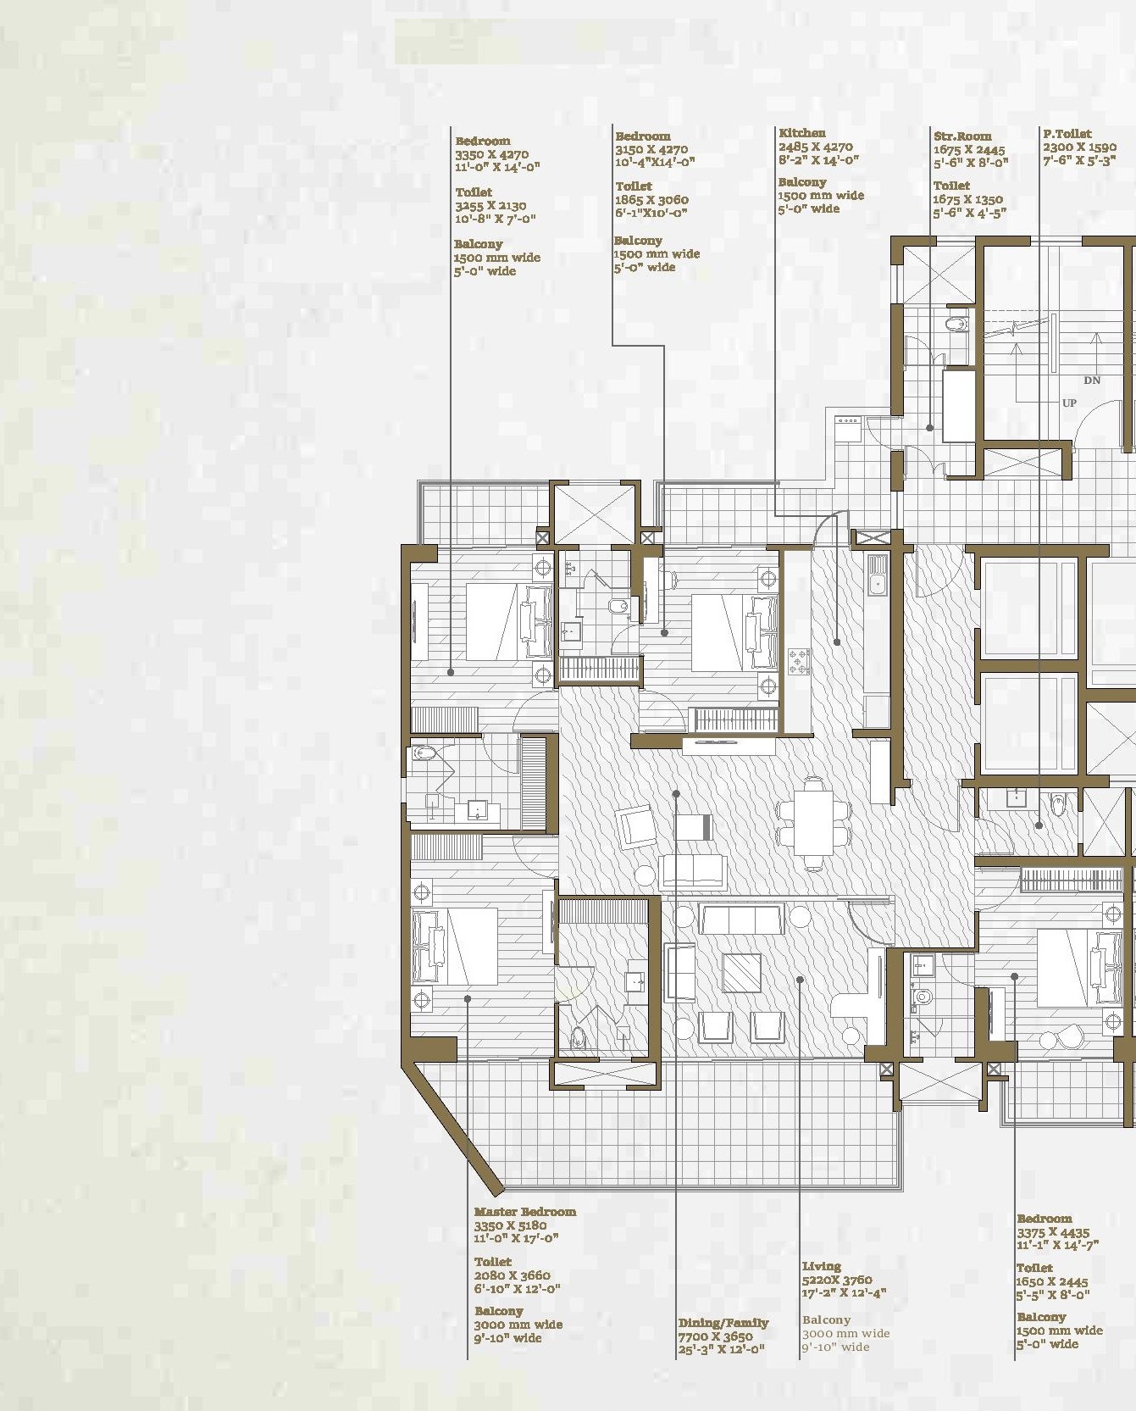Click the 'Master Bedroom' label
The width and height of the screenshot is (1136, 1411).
tap(525, 1212)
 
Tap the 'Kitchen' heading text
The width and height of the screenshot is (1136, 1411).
tap(802, 133)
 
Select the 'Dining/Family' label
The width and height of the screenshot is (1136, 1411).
tap(723, 1323)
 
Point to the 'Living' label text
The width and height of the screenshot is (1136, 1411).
tap(822, 1266)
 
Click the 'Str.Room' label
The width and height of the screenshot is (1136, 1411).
tap(962, 136)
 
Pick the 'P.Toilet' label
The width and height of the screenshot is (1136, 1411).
tap(1067, 134)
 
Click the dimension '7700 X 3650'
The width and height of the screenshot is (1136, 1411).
tap(715, 1336)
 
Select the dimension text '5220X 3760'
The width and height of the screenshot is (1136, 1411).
tap(837, 1280)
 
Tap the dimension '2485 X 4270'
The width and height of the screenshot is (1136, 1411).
tap(816, 147)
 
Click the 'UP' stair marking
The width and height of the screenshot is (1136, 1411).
tap(1069, 403)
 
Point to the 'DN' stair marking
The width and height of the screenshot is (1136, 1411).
tap(1092, 381)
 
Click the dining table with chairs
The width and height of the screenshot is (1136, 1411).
tap(814, 823)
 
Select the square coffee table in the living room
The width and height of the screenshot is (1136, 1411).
tap(742, 973)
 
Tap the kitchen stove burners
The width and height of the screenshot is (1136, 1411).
tap(799, 662)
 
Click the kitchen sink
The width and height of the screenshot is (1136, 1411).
tap(877, 575)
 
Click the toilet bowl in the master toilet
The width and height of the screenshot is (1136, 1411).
tap(579, 1037)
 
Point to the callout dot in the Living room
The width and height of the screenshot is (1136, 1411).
tap(800, 980)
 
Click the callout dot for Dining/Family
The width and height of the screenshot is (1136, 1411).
tap(676, 794)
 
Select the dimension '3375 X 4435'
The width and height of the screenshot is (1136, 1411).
tap(1053, 1232)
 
